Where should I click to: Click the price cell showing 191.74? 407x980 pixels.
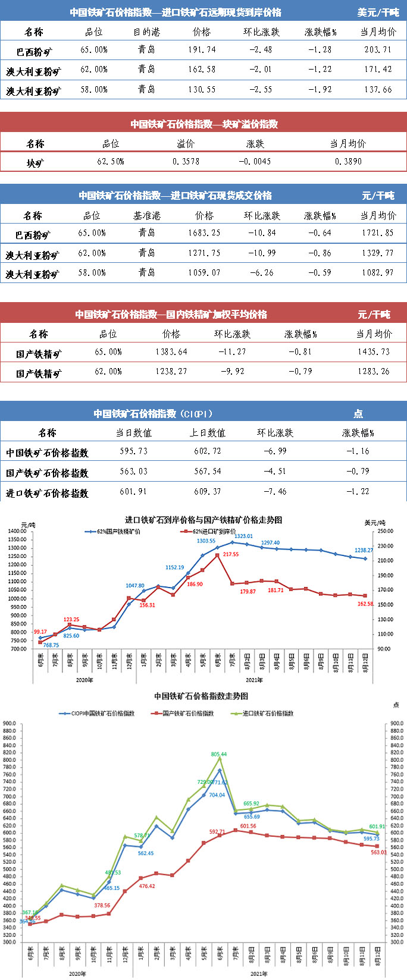[202, 50]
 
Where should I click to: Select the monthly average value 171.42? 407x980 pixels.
[378, 70]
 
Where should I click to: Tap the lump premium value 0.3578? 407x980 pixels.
[186, 161]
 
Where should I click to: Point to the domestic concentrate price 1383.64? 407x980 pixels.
[171, 351]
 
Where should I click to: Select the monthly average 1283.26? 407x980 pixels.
[374, 372]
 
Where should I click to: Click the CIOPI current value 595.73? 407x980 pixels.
[133, 451]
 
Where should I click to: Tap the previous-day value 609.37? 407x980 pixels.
[207, 492]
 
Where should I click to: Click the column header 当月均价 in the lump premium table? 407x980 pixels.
[347, 144]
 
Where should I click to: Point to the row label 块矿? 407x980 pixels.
[35, 162]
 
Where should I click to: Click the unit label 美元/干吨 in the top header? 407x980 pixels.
[378, 12]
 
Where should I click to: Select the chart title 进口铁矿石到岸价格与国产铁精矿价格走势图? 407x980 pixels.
[203, 520]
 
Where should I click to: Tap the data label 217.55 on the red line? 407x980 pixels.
[230, 554]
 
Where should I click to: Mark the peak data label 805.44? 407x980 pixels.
[219, 754]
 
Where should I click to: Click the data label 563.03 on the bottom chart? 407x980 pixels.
[378, 852]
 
